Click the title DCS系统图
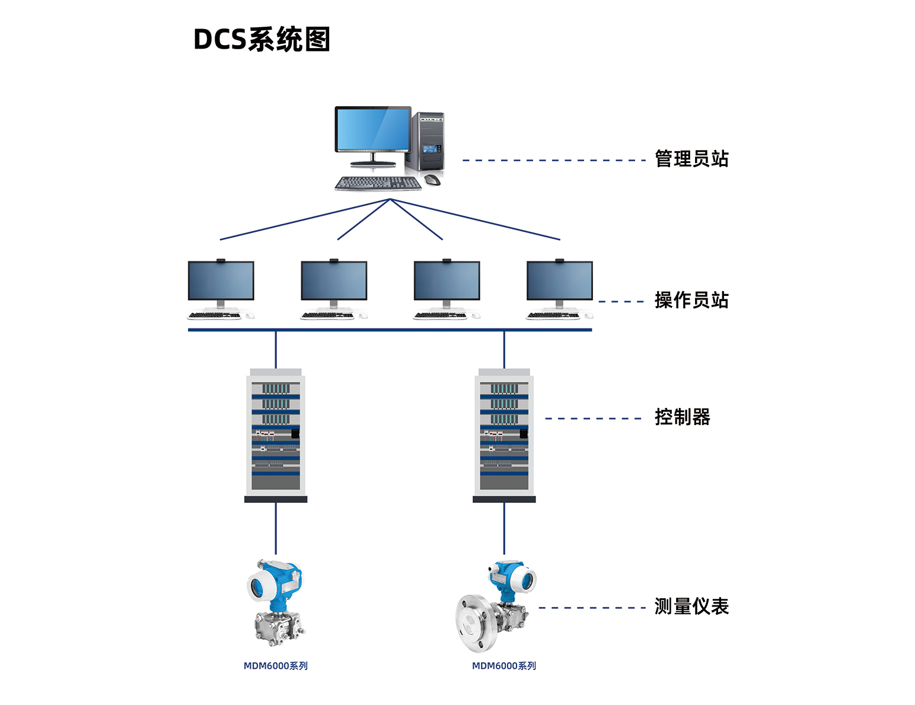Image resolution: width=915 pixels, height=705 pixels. pyautogui.click(x=262, y=40)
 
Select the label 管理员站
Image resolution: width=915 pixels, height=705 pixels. pyautogui.click(x=691, y=159)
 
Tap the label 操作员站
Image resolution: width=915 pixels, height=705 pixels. pyautogui.click(x=691, y=301)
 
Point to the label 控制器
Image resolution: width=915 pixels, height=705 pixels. pyautogui.click(x=682, y=417)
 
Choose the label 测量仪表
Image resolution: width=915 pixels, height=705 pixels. pyautogui.click(x=691, y=607)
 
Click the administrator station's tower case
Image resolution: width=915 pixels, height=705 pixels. pyautogui.click(x=425, y=141)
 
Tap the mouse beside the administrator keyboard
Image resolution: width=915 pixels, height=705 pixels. pyautogui.click(x=432, y=180)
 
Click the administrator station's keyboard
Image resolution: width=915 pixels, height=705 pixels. pyautogui.click(x=378, y=183)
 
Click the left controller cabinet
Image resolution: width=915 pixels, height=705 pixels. pyautogui.click(x=276, y=435)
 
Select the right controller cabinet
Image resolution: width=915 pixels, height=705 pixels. pyautogui.click(x=504, y=435)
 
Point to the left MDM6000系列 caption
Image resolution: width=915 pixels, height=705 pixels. pyautogui.click(x=276, y=666)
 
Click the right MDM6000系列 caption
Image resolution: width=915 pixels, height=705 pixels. pyautogui.click(x=504, y=666)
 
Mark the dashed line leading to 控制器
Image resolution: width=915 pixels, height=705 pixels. pyautogui.click(x=593, y=419)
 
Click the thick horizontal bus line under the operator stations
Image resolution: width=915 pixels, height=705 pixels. pyautogui.click(x=390, y=330)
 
